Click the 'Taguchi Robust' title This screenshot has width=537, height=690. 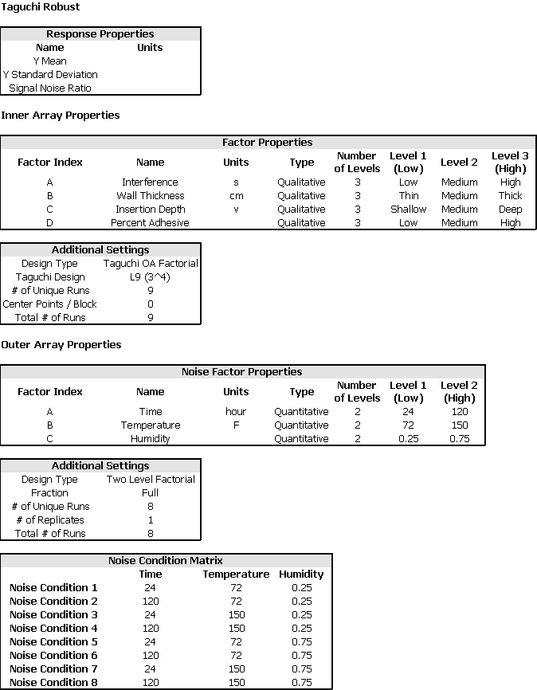41,7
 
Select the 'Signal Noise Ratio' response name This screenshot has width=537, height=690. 50,88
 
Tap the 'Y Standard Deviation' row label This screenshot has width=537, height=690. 50,75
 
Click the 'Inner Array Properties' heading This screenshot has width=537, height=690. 61,116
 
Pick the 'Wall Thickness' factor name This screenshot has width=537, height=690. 150,196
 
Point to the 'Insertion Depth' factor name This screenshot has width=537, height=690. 150,210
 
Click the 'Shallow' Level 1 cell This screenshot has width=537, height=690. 408,210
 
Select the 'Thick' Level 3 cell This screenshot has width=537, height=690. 510,196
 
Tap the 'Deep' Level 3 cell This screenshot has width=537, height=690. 510,210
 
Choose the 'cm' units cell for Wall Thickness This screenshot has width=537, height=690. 236,196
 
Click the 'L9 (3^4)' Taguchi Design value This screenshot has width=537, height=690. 151,277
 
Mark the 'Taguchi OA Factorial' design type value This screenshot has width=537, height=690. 151,264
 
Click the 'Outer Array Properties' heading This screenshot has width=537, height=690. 61,345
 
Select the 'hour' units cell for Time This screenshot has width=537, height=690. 236,412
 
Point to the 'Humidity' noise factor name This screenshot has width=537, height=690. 150,439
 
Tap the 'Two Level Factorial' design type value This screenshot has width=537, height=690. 151,480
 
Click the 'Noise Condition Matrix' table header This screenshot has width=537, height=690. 166,561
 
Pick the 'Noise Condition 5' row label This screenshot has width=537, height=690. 53,641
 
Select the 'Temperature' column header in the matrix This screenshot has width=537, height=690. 236,574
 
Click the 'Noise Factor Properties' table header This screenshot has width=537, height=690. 242,372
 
